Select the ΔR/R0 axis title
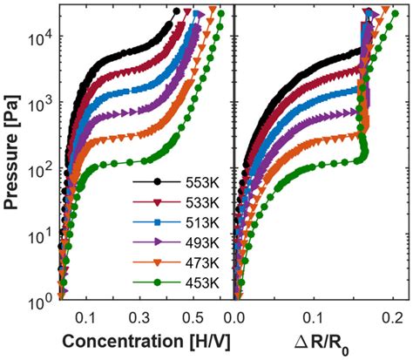tap(316, 343)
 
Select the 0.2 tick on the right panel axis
tap(394, 318)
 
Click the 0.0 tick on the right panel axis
tap(235, 318)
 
